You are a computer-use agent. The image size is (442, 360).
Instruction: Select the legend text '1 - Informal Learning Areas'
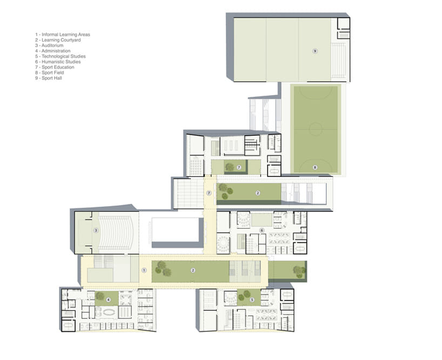coord(62,35)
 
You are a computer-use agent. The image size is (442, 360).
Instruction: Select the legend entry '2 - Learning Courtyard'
coord(59,40)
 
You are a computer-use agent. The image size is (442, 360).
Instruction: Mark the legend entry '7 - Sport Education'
coord(54,67)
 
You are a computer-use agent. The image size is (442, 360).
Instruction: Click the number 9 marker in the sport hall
coord(315,50)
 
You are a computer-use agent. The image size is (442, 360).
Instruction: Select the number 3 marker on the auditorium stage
coord(96,230)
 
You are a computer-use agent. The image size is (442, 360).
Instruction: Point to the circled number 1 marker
coord(144,269)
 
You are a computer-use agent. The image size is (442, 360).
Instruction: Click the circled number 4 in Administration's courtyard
coord(109,299)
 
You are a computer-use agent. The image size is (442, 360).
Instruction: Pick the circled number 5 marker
coord(252,299)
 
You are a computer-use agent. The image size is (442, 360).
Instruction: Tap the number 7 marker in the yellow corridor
coord(209,192)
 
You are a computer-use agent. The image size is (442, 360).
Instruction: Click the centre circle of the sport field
coord(316,129)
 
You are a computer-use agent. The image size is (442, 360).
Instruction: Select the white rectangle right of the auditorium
coord(175,230)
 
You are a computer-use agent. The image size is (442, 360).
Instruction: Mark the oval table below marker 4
coord(109,313)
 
